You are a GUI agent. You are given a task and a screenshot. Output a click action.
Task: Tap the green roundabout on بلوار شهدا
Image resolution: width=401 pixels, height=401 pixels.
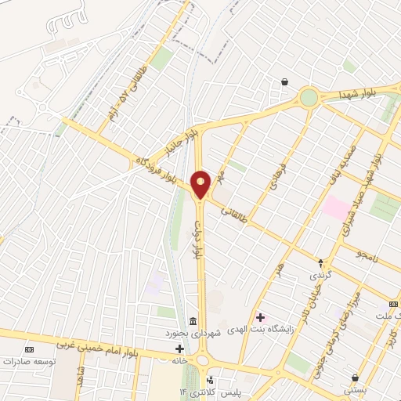(309, 97)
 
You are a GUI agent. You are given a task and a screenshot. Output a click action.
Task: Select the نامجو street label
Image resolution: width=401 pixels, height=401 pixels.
(367, 255)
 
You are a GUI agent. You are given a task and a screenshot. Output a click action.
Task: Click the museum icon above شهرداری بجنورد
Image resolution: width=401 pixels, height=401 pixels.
(193, 320)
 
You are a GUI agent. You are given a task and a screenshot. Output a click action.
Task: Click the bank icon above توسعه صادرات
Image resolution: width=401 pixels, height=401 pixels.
(30, 349)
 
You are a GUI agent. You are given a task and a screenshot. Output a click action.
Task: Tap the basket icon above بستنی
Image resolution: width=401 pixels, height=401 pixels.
(355, 377)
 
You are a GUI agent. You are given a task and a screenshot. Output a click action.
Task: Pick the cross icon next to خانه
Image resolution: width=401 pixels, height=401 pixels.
(180, 348)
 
